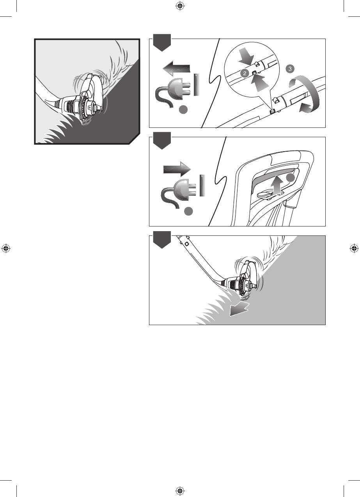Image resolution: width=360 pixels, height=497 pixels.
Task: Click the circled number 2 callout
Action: (x=245, y=73)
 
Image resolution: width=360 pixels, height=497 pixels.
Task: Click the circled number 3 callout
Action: (x=290, y=69)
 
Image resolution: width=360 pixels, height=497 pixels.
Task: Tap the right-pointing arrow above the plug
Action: (x=177, y=169)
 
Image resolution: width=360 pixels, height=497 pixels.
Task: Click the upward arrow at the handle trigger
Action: (x=277, y=185)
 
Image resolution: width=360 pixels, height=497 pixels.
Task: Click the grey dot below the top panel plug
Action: (x=183, y=110)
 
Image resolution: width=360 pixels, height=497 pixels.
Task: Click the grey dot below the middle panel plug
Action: (x=188, y=211)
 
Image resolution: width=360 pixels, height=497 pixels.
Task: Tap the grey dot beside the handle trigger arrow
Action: (x=290, y=177)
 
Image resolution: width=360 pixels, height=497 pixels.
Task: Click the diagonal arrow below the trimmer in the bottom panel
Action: (x=239, y=308)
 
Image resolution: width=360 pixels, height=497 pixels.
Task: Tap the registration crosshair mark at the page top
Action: (x=180, y=6)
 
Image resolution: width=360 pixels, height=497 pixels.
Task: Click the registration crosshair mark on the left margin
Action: (x=6, y=249)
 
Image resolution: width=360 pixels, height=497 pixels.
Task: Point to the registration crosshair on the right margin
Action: (x=354, y=249)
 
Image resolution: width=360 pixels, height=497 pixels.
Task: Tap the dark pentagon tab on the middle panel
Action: (x=162, y=141)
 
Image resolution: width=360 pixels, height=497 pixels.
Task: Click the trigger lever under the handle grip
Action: (x=264, y=195)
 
